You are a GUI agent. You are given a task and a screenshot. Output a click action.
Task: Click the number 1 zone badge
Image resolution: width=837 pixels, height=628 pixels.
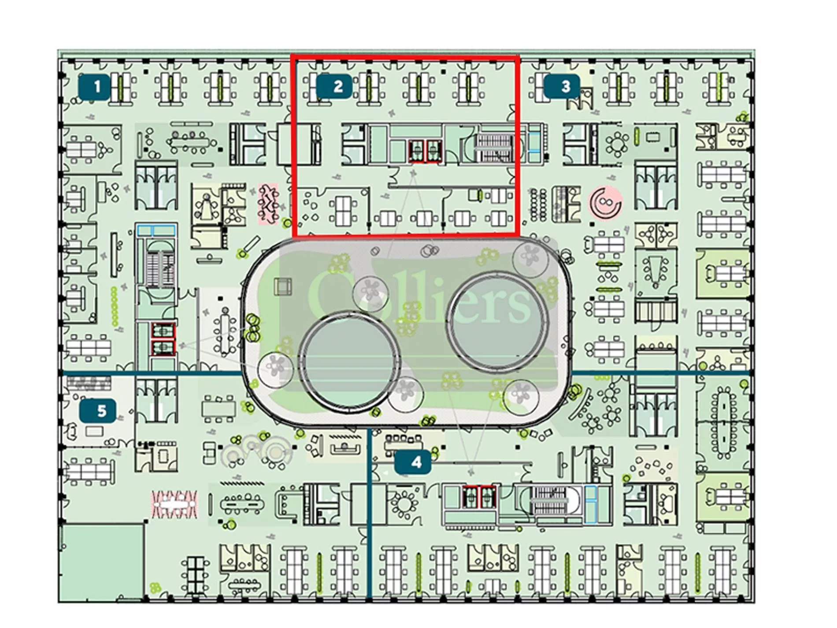(94, 86)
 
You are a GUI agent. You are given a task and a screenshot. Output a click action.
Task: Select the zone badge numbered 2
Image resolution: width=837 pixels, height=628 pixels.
(334, 86)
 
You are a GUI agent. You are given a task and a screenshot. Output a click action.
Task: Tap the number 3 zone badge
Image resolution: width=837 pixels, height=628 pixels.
(562, 86)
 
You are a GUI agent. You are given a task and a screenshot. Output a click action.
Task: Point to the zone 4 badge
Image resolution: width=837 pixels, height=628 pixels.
(413, 462)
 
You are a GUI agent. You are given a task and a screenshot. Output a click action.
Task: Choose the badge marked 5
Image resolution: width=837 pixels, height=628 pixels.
(98, 411)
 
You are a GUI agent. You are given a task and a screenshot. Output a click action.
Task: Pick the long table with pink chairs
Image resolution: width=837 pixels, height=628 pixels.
(174, 504)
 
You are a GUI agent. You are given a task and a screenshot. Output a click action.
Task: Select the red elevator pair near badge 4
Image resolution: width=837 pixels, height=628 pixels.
(479, 496)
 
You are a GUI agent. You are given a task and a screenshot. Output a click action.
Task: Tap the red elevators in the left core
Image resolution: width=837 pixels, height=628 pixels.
(163, 338)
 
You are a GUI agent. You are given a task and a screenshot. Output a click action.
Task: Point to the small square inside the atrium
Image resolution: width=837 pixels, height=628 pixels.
(283, 286)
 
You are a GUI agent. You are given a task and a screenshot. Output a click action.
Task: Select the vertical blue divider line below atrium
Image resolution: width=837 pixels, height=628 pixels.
(369, 513)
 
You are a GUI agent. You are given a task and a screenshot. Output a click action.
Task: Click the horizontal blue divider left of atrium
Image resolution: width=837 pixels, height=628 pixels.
(152, 374)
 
